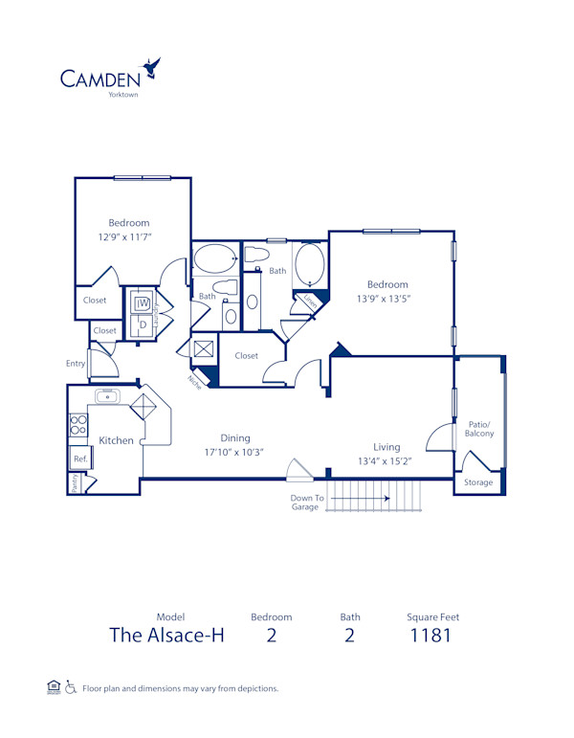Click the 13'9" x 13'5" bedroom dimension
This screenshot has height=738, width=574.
(388, 299)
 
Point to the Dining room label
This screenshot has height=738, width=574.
(235, 437)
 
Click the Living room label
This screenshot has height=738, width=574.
(386, 447)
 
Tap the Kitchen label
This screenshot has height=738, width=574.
(116, 441)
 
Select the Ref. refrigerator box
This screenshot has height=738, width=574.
(79, 460)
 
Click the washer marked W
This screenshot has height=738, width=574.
(142, 304)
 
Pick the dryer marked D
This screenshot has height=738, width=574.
(142, 324)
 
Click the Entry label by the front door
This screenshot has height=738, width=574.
(76, 364)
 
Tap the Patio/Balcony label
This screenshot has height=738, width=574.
(479, 428)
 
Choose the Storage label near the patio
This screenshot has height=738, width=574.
(479, 482)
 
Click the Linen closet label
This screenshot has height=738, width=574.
(309, 301)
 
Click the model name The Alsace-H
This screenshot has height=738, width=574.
(166, 636)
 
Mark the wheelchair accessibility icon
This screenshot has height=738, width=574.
(70, 688)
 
